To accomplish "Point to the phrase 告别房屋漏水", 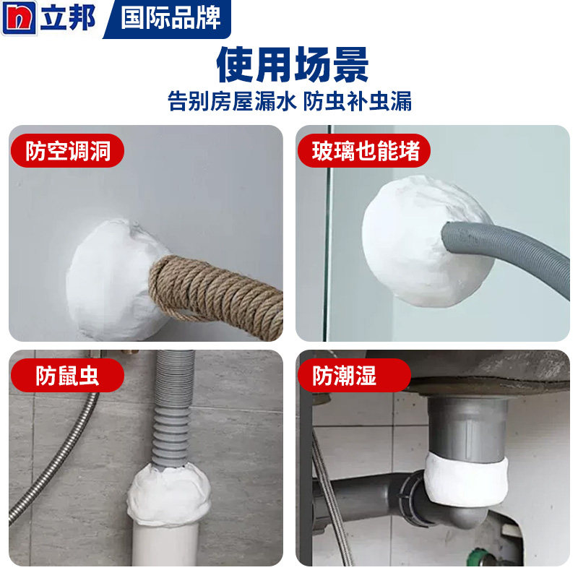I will pyautogui.click(x=233, y=100).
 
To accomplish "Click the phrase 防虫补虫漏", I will pyautogui.click(x=357, y=100).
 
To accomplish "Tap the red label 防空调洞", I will pyautogui.click(x=66, y=151).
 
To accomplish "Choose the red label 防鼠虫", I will pyautogui.click(x=66, y=376).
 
